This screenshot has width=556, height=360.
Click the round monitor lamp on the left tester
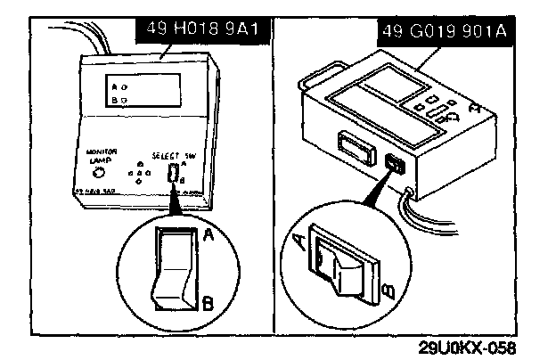click(99, 172)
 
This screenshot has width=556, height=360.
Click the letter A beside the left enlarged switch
click(208, 235)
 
